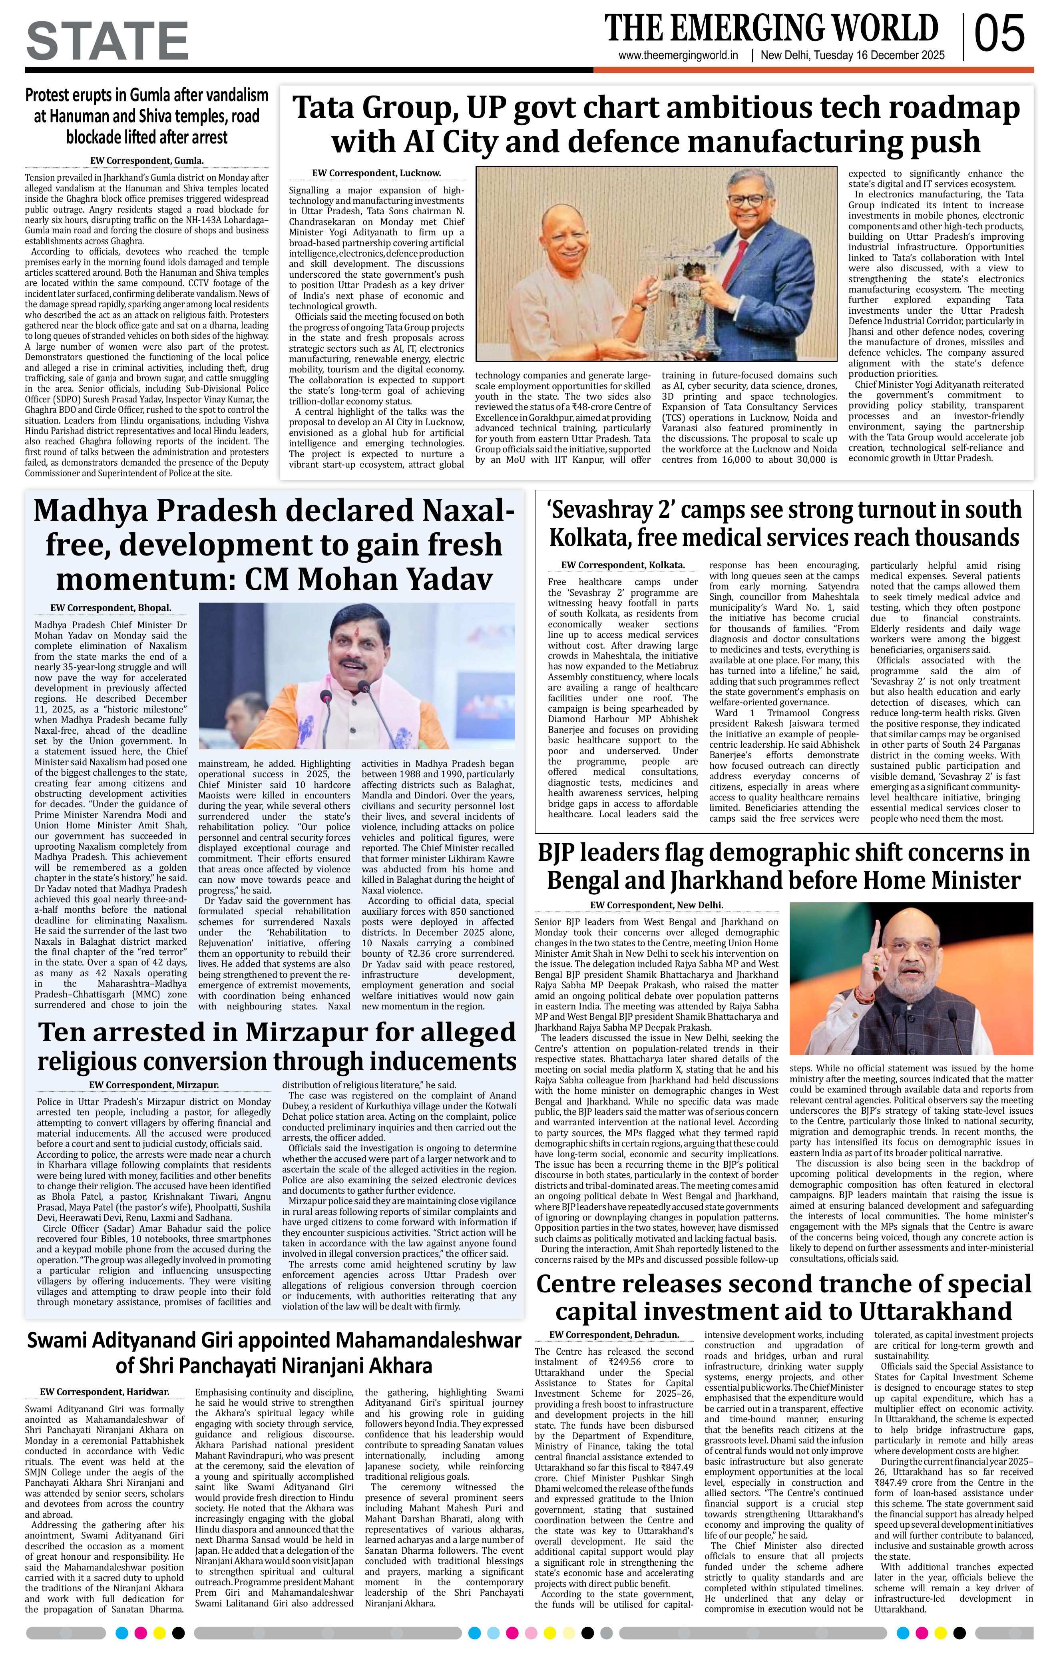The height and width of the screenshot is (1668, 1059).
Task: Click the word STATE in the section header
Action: coord(107,42)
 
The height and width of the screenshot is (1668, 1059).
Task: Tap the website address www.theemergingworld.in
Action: coord(679,56)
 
